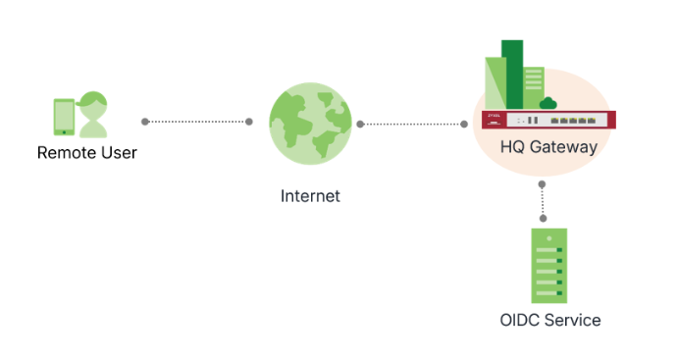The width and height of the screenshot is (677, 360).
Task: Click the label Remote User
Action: (87, 152)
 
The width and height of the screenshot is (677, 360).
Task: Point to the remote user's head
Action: (94, 102)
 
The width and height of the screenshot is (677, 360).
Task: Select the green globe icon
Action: (310, 123)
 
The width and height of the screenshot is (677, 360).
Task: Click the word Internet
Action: (310, 196)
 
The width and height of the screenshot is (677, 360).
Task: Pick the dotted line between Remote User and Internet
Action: (196, 122)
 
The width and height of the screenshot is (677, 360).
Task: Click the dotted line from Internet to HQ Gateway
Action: (412, 124)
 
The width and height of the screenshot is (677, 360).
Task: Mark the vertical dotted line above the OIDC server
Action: (543, 201)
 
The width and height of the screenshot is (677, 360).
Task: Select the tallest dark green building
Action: (512, 74)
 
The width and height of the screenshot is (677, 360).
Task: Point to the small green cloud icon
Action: (548, 101)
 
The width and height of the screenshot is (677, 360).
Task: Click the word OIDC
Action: (518, 320)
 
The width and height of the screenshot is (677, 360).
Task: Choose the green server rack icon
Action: (549, 265)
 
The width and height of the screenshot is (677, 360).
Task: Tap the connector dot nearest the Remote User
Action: (145, 122)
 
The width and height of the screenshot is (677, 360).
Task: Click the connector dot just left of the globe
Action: (249, 122)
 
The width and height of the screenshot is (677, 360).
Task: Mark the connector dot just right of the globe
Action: (361, 124)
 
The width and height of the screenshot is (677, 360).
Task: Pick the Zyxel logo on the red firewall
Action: (493, 116)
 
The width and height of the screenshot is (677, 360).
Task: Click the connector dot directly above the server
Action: (543, 219)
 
